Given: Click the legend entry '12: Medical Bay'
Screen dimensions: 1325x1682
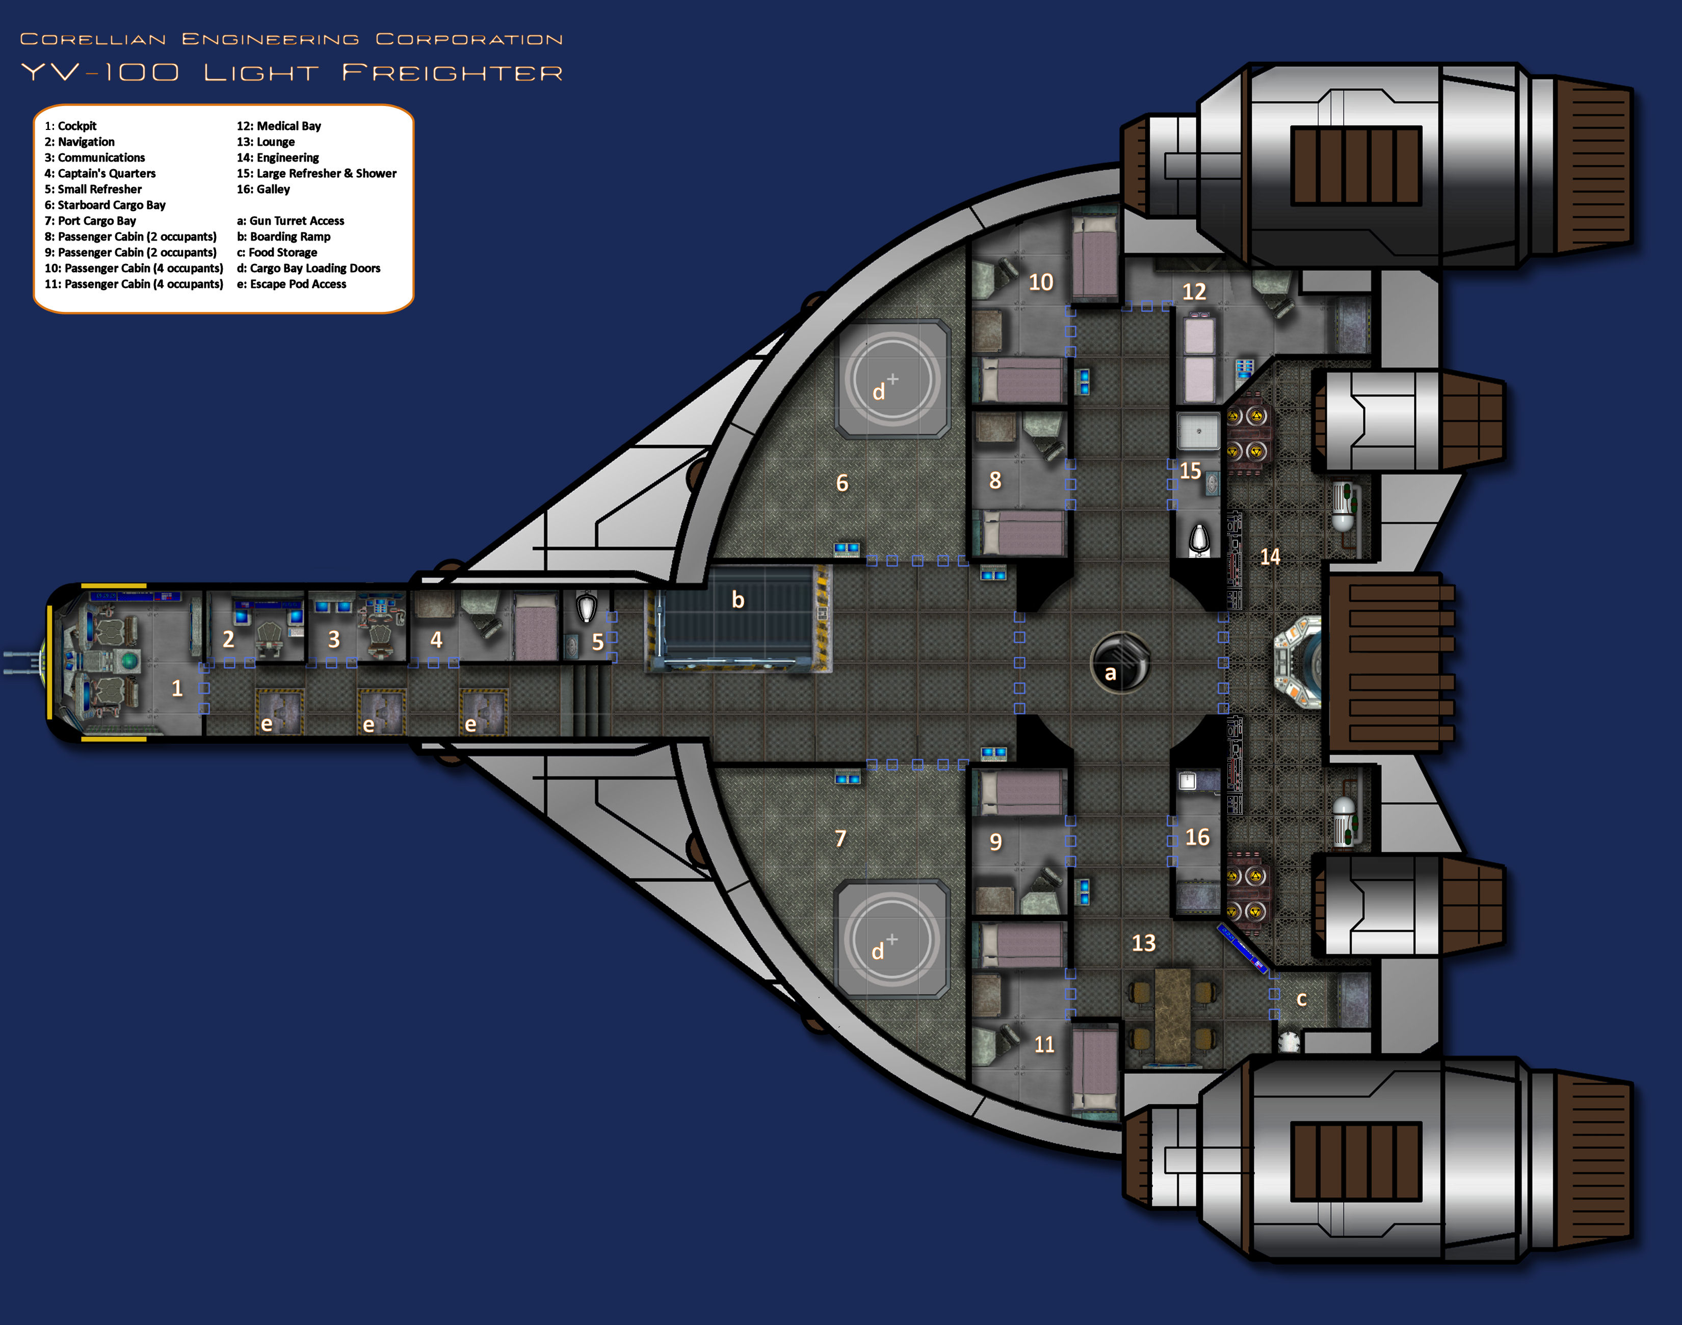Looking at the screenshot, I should tap(278, 126).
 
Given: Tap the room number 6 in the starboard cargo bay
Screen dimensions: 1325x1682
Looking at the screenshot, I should tap(842, 483).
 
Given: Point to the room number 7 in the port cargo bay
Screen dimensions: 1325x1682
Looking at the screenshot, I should tap(840, 839).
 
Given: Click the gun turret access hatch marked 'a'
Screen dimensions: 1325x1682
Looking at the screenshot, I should tap(1119, 661).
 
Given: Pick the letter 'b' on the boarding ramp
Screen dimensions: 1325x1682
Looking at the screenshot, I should tap(738, 600).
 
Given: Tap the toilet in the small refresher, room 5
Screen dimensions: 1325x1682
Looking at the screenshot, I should tap(587, 608).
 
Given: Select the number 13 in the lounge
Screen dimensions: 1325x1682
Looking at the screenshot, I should tap(1144, 943).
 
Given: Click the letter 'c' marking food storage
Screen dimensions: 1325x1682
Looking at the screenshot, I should tap(1302, 999).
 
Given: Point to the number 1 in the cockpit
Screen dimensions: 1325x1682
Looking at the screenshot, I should tap(177, 688).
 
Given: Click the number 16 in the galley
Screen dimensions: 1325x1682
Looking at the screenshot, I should tap(1197, 837).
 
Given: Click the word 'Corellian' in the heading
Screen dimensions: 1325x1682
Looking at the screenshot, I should tap(93, 39).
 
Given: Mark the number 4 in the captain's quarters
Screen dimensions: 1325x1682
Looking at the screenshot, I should tap(436, 640).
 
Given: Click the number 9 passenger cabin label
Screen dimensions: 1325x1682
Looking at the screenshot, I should tap(995, 842).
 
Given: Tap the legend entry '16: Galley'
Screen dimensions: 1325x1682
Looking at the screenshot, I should tap(263, 189).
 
